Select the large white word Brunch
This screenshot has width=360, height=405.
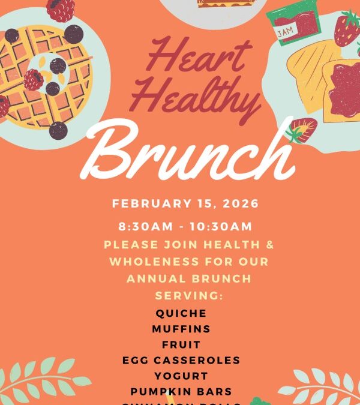coord(190,150)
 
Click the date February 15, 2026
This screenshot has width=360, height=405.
coord(185,203)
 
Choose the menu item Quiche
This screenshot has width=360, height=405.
coord(181,313)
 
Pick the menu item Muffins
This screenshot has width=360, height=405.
coord(181,329)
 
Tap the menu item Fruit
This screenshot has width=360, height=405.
coord(181,344)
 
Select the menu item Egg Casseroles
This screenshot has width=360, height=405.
coord(181,360)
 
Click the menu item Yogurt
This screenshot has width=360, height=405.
coord(181,376)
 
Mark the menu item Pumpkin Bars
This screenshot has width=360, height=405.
coord(181,391)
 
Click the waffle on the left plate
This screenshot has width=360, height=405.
coord(45,78)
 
